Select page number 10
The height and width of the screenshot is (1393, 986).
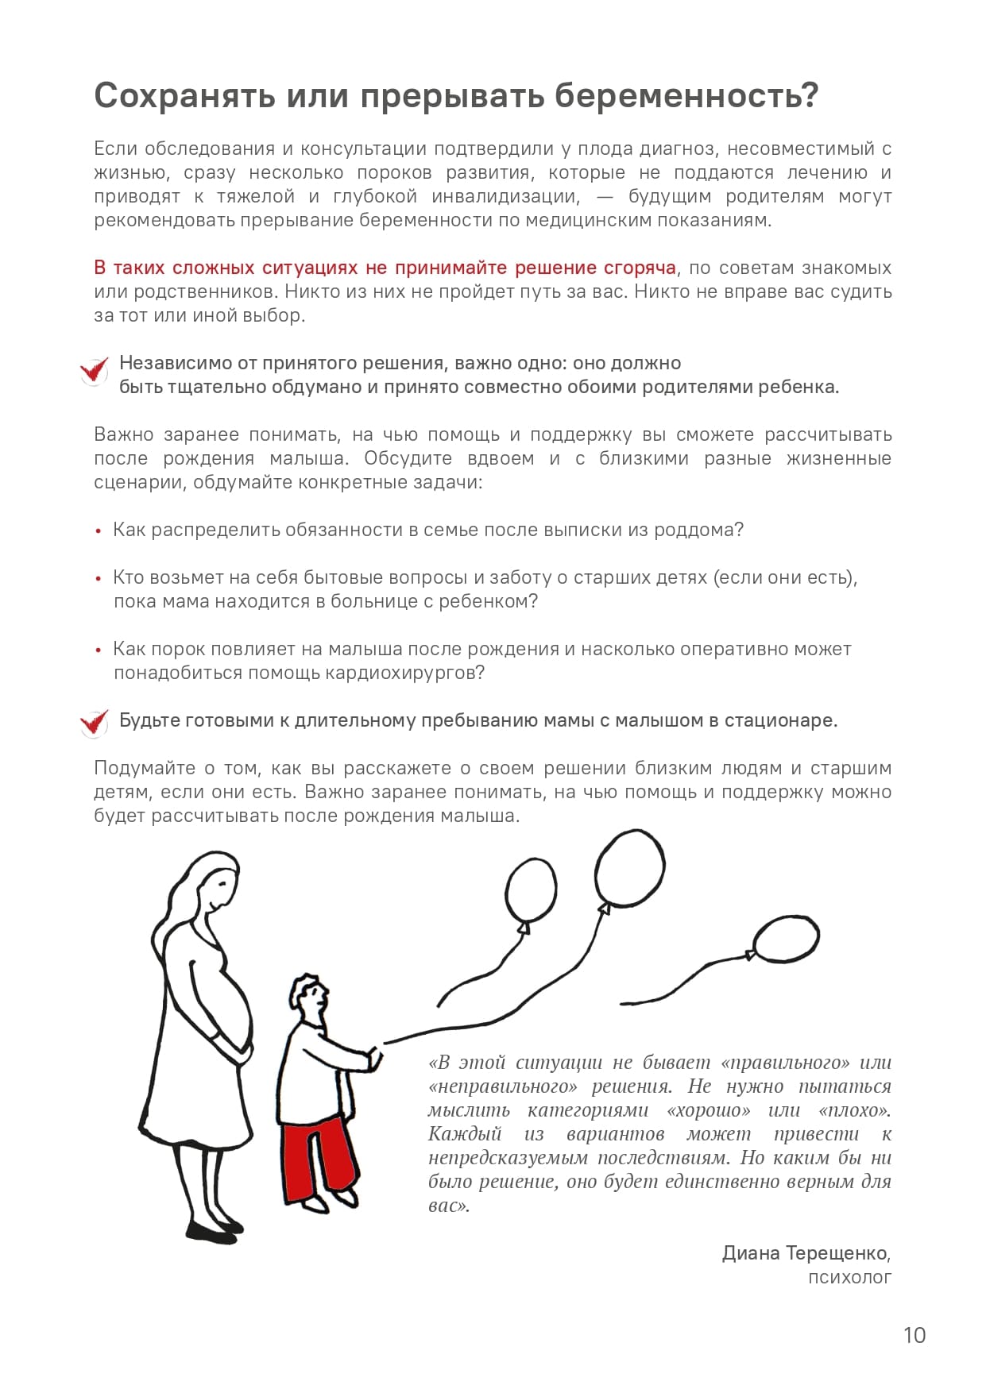[x=914, y=1335]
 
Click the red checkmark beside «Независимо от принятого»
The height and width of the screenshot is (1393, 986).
[x=94, y=370]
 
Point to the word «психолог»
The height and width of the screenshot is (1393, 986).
[x=849, y=1277]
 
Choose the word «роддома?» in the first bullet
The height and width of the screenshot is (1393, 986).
[x=698, y=530]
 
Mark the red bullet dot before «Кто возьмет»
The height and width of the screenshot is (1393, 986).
[x=99, y=579]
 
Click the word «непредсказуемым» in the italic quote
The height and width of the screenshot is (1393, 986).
[x=508, y=1157]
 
